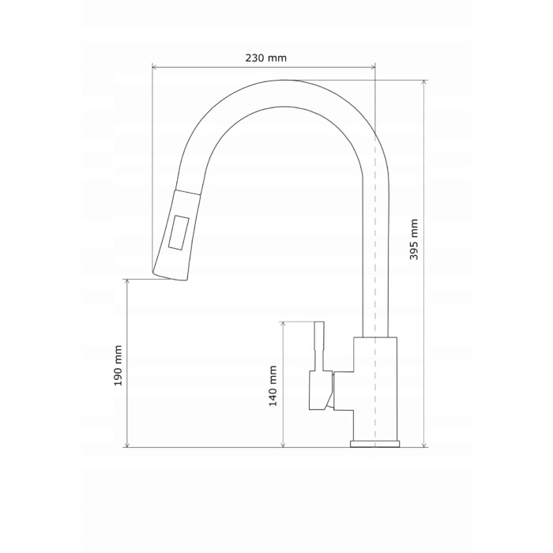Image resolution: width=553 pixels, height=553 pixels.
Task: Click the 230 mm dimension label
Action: [x=266, y=58]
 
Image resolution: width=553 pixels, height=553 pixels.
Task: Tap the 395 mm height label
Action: [x=414, y=239]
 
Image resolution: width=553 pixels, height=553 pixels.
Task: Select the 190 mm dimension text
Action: [x=118, y=365]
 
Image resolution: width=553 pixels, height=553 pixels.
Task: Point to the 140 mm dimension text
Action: [x=273, y=386]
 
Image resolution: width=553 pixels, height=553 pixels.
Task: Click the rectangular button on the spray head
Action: [x=179, y=233]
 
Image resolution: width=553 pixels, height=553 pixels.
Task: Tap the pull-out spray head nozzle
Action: [x=176, y=235]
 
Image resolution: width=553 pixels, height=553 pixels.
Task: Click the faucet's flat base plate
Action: [x=375, y=444]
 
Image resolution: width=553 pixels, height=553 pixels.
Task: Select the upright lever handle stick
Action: [x=319, y=346]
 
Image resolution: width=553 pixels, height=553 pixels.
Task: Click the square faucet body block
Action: [x=375, y=389]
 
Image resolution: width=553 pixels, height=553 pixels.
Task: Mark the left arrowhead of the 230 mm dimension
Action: [x=155, y=67]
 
